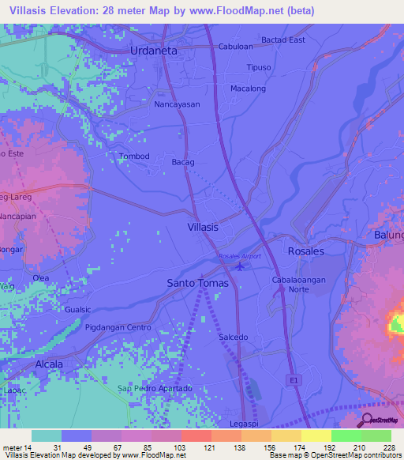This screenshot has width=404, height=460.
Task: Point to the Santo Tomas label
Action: pyautogui.click(x=197, y=283)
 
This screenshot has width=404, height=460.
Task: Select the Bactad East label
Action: pyautogui.click(x=283, y=40)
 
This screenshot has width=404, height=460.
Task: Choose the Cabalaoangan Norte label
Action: pyautogui.click(x=299, y=285)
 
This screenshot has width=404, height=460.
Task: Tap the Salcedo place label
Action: pyautogui.click(x=233, y=337)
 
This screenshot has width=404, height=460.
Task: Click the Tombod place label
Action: pyautogui.click(x=133, y=156)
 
